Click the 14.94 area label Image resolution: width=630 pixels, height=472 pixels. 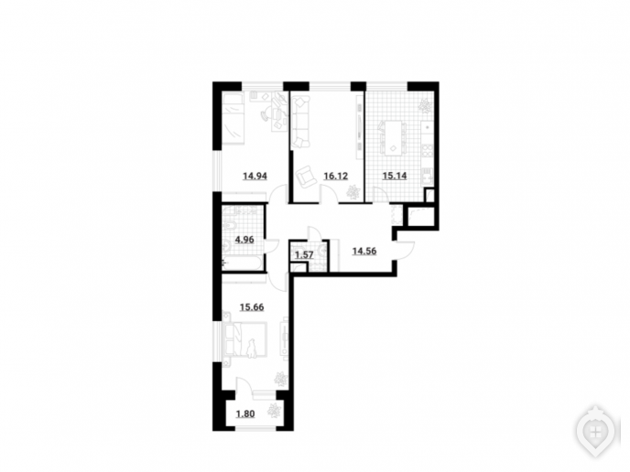point(255,177)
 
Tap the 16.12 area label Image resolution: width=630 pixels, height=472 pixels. point(335,177)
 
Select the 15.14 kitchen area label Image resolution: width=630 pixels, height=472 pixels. point(395,176)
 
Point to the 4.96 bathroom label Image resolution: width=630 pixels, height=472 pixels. point(244,240)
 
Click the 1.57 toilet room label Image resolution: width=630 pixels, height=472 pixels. point(304,255)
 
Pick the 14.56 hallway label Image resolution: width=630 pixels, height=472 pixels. point(364,252)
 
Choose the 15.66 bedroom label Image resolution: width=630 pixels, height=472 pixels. point(252,307)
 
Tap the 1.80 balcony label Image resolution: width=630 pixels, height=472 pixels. point(245,413)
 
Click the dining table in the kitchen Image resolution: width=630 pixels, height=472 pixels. point(393,138)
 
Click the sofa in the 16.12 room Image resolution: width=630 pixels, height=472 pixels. point(300,123)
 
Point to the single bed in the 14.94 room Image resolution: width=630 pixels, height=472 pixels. point(233,118)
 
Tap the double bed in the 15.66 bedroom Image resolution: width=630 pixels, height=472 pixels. point(245,339)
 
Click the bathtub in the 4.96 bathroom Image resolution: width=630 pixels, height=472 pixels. point(243,264)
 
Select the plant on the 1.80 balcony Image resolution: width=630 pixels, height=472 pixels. point(275,410)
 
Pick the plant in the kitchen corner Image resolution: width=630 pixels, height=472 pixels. point(424,105)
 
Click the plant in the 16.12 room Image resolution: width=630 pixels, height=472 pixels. point(353,192)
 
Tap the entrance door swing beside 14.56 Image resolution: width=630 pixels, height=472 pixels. point(405,249)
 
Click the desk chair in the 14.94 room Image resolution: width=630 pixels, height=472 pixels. point(266,114)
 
